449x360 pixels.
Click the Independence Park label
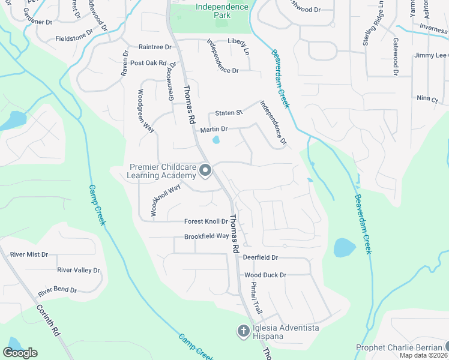tap(222, 10)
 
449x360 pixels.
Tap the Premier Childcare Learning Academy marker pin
tap(205, 171)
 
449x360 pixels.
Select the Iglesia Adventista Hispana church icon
tap(244, 331)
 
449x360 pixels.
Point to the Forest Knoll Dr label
tap(206, 221)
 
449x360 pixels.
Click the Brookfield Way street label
tap(206, 236)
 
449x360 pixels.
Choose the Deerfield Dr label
tap(261, 257)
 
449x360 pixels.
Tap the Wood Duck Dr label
tap(265, 275)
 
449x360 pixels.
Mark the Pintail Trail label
tap(256, 299)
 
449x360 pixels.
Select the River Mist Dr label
tap(28, 254)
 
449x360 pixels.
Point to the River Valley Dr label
tap(78, 271)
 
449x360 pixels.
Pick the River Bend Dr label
tap(58, 291)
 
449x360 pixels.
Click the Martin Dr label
tap(214, 129)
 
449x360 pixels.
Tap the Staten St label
tap(229, 113)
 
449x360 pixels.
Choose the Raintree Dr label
tap(155, 47)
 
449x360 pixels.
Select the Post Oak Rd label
tap(148, 62)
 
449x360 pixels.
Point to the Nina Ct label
tap(427, 98)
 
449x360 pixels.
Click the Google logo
tap(20, 353)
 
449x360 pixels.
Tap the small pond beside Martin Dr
tap(215, 140)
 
